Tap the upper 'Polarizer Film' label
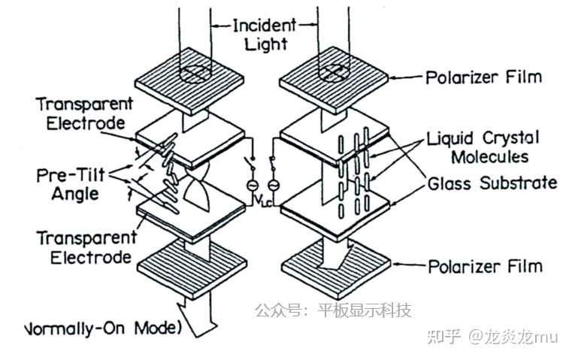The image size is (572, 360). pos(483,77)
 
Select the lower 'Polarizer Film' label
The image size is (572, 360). pos(485,267)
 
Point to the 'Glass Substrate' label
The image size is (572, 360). pos(492,183)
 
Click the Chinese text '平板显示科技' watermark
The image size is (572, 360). pos(365,310)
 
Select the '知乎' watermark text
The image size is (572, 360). pos(444,335)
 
